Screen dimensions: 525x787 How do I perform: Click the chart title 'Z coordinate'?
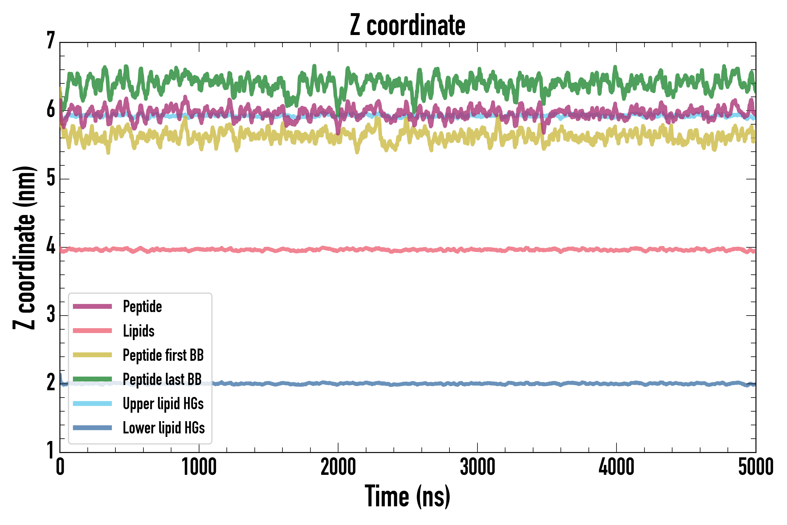click(407, 25)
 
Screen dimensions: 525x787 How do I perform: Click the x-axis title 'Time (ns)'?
click(407, 496)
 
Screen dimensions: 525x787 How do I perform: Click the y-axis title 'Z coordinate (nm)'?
click(24, 248)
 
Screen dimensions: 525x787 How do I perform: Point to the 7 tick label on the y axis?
click(51, 41)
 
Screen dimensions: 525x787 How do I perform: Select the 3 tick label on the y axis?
click(51, 314)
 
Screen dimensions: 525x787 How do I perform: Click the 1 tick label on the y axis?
click(51, 450)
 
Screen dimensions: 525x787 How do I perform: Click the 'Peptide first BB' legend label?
click(163, 355)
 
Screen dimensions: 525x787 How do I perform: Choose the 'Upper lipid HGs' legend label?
click(163, 404)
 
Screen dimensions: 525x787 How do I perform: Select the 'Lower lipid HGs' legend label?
click(164, 428)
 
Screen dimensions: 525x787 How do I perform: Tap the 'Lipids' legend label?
click(138, 331)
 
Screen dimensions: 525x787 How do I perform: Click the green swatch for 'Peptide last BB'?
click(92, 379)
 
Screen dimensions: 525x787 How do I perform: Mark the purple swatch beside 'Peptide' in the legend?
click(92, 306)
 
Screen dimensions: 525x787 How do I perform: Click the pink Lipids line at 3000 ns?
click(477, 249)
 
